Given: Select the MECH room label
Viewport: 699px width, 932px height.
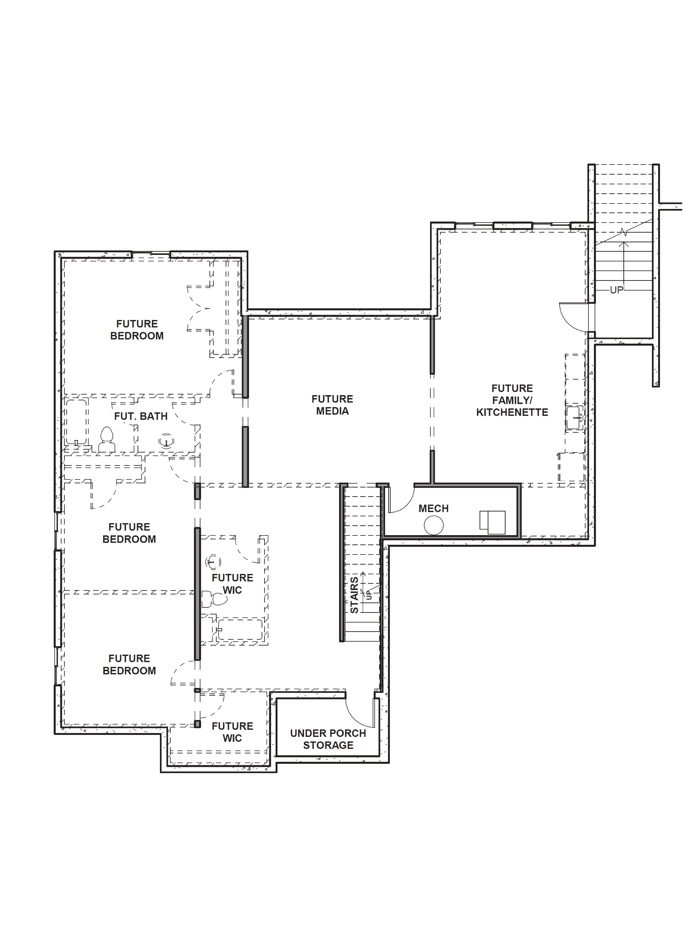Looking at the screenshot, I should [433, 509].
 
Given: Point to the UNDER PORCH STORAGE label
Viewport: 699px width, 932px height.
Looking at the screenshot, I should [328, 739].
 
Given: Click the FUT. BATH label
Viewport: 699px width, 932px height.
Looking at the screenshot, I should [141, 416].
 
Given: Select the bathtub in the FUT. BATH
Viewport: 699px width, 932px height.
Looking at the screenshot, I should [76, 421].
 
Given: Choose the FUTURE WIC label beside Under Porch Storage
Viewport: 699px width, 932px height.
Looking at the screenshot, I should [232, 732].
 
